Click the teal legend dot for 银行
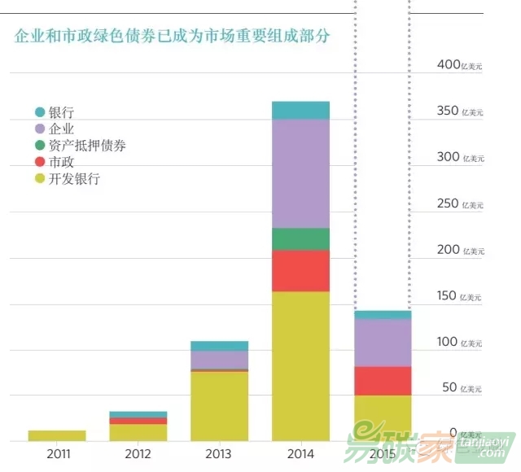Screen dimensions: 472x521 pyautogui.click(x=39, y=112)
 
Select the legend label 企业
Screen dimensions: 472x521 pyautogui.click(x=62, y=129)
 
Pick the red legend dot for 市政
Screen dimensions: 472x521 pyautogui.click(x=39, y=163)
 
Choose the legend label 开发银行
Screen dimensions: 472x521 pyautogui.click(x=74, y=179)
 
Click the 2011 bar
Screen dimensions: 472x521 pyautogui.click(x=56, y=435)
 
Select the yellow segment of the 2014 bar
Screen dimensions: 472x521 pyautogui.click(x=300, y=366)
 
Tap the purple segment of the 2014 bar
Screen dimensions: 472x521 pyautogui.click(x=300, y=173)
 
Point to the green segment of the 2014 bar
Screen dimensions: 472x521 pyautogui.click(x=300, y=239)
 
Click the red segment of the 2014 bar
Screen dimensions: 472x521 pyautogui.click(x=300, y=271)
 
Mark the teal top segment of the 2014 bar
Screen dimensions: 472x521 pyautogui.click(x=300, y=111)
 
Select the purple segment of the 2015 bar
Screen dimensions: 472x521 pyautogui.click(x=382, y=343)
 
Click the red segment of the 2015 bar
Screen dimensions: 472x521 pyautogui.click(x=382, y=381)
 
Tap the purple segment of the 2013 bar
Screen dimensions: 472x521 pyautogui.click(x=219, y=359)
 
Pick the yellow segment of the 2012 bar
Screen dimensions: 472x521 pyautogui.click(x=138, y=432)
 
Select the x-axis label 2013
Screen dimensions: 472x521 pyautogui.click(x=219, y=453)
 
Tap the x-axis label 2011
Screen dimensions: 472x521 pyautogui.click(x=56, y=453)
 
